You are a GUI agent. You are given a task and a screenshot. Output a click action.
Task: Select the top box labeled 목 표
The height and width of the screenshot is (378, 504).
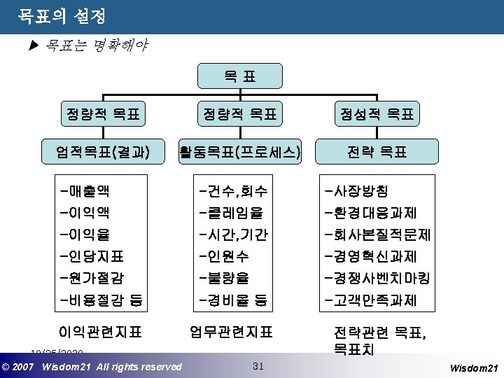tap(240, 76)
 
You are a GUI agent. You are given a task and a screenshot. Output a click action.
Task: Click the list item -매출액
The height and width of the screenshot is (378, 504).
tap(85, 190)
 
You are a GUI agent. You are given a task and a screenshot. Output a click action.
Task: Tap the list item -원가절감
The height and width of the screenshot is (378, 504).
tap(92, 278)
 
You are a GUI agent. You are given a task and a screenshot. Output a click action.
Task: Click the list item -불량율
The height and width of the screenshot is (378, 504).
tap(223, 278)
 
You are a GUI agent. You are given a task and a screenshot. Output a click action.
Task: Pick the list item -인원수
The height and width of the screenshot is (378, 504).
tap(223, 256)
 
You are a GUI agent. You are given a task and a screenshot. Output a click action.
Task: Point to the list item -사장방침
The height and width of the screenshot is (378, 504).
tap(357, 190)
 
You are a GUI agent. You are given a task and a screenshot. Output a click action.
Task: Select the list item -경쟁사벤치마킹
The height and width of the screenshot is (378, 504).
tap(377, 278)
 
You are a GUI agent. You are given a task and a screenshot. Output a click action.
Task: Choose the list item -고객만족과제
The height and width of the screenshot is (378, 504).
tap(370, 301)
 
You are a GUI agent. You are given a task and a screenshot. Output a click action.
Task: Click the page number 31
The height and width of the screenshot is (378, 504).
tap(258, 365)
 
